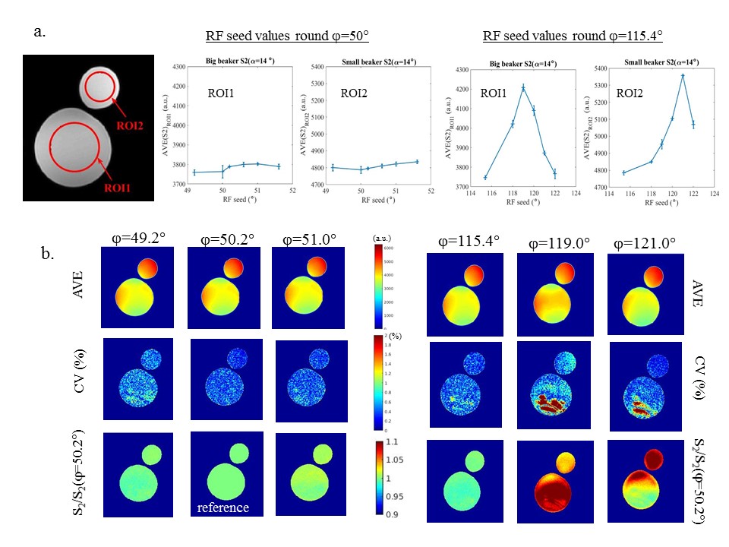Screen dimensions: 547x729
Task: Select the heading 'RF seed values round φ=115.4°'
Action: (573, 36)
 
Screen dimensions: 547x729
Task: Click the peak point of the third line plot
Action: (523, 87)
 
